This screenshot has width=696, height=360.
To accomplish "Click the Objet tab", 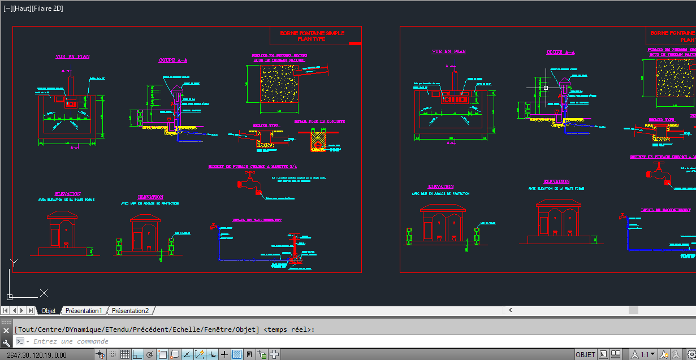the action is pos(49,311).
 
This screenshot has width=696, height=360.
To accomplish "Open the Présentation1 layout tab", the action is pos(84,311).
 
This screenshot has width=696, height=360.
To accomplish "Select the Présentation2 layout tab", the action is pos(130,311).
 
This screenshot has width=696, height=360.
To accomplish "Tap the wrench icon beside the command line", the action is pos(7,342).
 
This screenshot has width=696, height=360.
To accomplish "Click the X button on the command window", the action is pos(7,330).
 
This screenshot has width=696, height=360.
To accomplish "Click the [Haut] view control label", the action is pos(23,8).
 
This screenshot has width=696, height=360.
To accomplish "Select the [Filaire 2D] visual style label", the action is pos(50,8).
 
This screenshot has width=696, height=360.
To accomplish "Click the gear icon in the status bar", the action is pos(691,354).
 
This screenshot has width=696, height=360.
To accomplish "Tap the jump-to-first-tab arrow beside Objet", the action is pos(6,311).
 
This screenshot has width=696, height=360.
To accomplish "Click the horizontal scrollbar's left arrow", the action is pos(511,310).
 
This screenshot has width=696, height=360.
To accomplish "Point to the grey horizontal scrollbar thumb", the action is pos(633,310).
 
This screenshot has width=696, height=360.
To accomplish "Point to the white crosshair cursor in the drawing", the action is pos(546,88).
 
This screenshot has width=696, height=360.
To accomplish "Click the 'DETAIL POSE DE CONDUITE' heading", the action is pos(319,121).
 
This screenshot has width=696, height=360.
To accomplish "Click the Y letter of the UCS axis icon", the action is pos(14,262).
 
